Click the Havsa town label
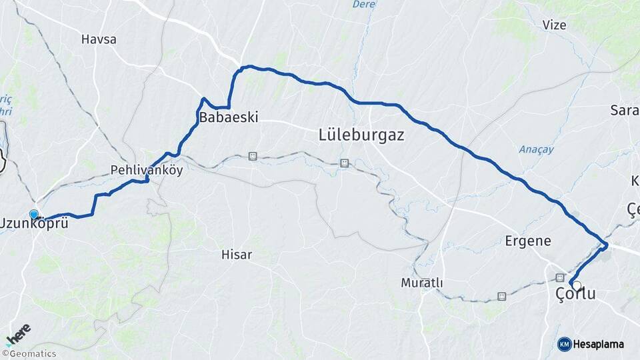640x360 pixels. (x=99, y=39)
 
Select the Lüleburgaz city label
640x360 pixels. (x=361, y=135)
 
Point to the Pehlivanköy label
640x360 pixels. (x=147, y=169)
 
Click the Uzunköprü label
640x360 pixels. (x=35, y=223)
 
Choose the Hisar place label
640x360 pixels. (x=237, y=254)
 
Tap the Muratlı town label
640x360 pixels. (x=422, y=283)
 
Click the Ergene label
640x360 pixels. (x=528, y=241)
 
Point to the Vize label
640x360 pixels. (x=554, y=25)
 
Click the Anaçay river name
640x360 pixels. (x=536, y=149)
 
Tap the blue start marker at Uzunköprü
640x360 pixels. (x=34, y=214)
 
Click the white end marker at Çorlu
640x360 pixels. (x=576, y=285)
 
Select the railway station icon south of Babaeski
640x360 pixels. (x=252, y=156)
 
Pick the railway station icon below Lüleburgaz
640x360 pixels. (x=345, y=162)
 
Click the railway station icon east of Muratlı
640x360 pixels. (x=501, y=296)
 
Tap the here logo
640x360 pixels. (x=18, y=332)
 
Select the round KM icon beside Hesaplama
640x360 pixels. (x=565, y=344)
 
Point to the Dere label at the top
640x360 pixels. (x=363, y=4)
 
